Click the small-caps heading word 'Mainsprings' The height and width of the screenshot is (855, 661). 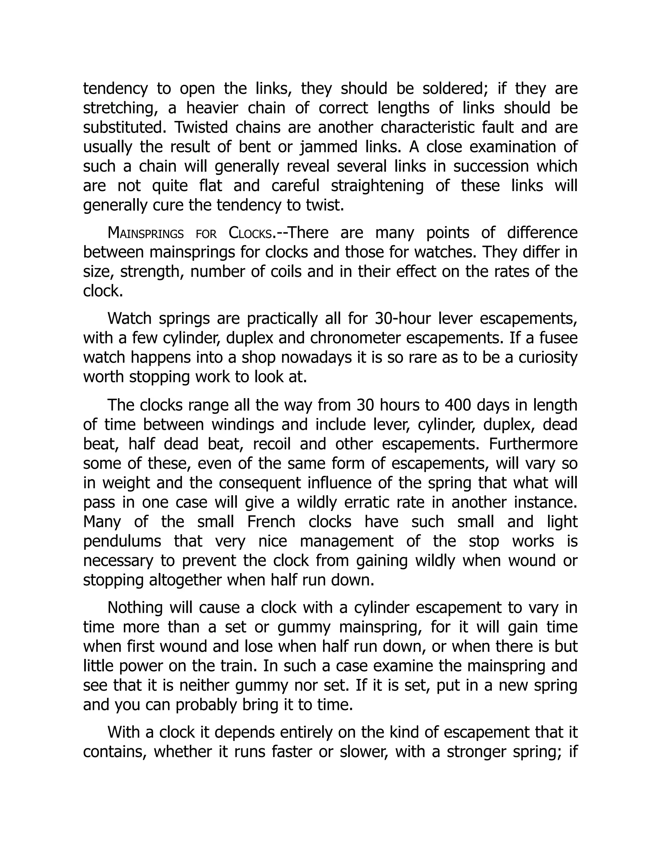pyautogui.click(x=146, y=234)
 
